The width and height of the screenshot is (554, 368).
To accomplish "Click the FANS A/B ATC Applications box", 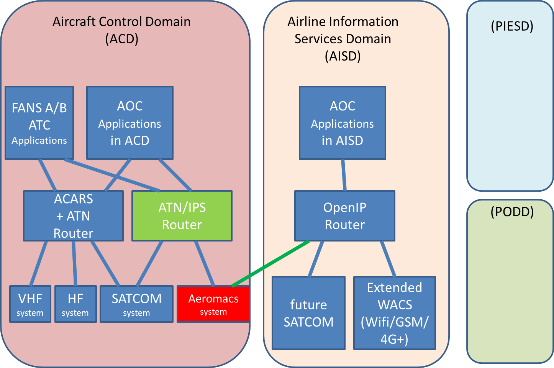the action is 39,123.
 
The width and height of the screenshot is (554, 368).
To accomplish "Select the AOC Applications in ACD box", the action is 130,123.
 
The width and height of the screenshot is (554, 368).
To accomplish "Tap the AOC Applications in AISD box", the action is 343,123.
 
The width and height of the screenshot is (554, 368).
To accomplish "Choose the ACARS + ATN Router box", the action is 74,216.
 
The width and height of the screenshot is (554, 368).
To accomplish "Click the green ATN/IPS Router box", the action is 182,216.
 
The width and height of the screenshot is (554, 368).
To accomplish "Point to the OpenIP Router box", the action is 345,216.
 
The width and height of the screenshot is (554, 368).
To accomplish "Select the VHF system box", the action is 30,304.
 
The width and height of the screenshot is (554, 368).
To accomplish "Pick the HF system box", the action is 75,304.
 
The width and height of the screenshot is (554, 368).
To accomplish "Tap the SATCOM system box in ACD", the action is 136,304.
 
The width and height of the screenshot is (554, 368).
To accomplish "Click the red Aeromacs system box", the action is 213,304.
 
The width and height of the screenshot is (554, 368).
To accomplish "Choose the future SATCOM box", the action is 309,313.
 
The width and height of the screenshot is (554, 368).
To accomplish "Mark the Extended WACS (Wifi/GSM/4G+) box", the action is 395,313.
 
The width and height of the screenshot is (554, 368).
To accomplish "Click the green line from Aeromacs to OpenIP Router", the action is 270,264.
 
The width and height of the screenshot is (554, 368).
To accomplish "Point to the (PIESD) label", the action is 512,26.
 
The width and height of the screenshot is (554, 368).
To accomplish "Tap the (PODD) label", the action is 512,212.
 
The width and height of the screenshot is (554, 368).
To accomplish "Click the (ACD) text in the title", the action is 122,39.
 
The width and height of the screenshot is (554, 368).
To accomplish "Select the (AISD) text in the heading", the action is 343,56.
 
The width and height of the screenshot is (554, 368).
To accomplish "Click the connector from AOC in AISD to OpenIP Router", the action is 344,175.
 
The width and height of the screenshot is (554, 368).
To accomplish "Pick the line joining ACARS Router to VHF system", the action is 38,263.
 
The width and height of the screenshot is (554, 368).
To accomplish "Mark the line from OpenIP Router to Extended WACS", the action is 388,259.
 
